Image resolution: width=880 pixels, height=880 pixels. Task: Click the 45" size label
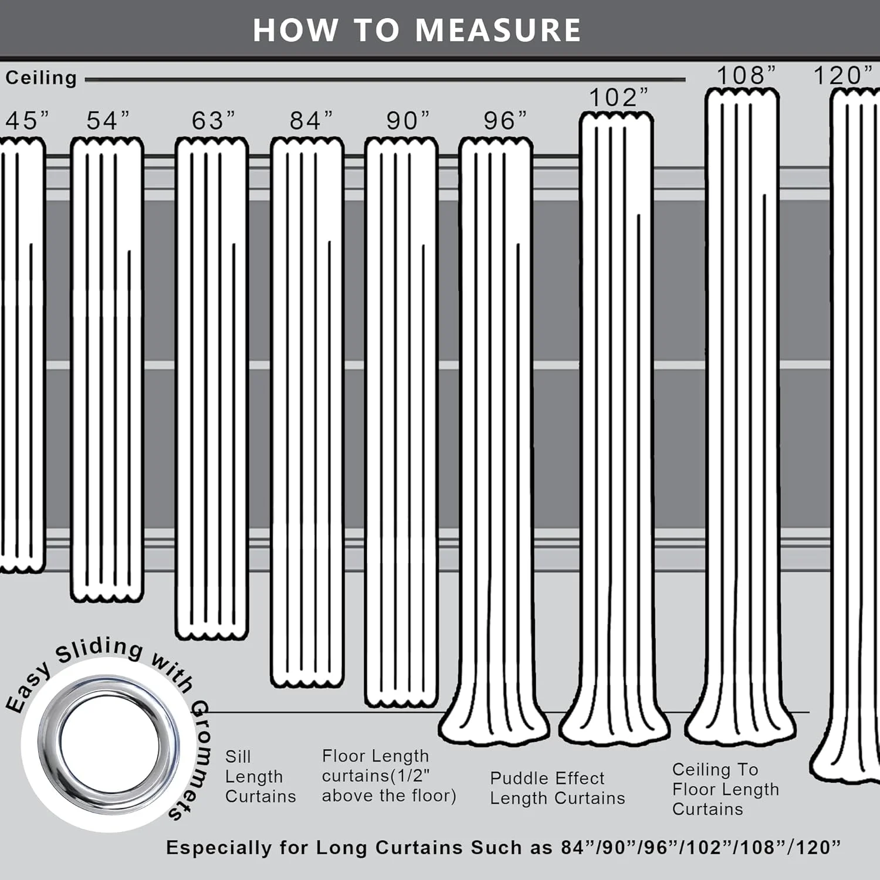[x=27, y=121]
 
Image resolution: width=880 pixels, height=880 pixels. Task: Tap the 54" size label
[x=108, y=121]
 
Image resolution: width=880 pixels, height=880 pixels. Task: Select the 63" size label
[x=214, y=121]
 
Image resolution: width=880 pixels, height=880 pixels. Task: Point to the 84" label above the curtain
[x=311, y=121]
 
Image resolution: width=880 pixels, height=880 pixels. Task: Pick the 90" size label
[x=408, y=121]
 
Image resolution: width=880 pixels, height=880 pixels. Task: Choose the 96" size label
[x=505, y=121]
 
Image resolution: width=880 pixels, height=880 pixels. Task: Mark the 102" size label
[x=618, y=97]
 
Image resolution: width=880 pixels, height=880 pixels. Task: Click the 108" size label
[x=746, y=75]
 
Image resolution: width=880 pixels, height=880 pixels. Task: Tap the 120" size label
[x=843, y=75]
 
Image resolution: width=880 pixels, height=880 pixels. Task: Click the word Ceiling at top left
[x=41, y=78]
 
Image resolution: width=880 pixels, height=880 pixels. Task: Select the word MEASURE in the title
[x=498, y=30]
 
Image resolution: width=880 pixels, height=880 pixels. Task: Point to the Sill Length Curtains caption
[x=260, y=776]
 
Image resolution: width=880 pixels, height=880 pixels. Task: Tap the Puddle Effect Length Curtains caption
[x=557, y=788]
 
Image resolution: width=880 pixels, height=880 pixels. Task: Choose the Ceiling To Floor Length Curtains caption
[x=726, y=789]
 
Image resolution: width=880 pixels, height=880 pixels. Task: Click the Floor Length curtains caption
[x=389, y=776]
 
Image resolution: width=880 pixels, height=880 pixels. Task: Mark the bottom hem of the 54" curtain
[x=107, y=596]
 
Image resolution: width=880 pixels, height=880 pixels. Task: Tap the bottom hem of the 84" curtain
[x=307, y=681]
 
